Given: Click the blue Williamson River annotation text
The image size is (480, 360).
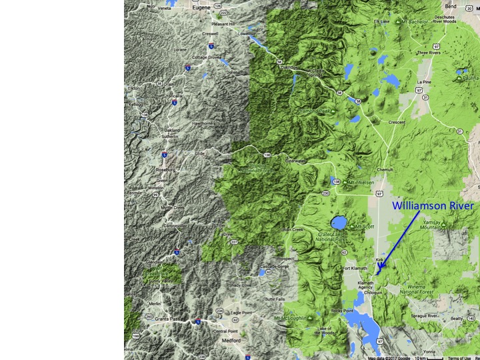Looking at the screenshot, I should (x=433, y=206).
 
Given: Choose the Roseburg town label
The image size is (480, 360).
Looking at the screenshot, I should (x=165, y=170).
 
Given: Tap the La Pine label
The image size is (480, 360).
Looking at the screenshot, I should (x=424, y=82).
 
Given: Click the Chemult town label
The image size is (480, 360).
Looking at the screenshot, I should (x=385, y=170).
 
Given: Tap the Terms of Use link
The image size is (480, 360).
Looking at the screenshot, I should (x=459, y=357).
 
